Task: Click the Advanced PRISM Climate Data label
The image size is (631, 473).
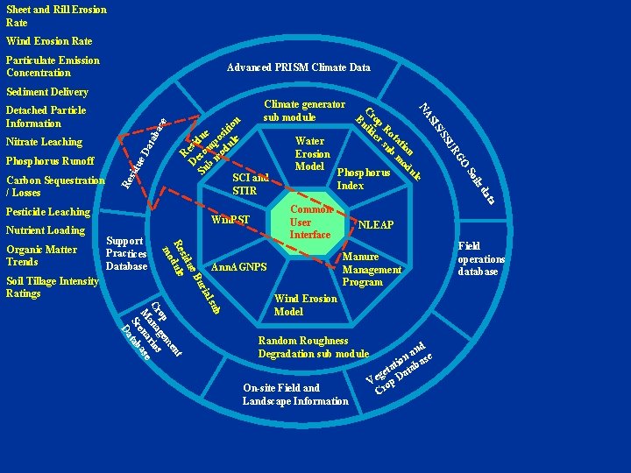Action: [298, 67]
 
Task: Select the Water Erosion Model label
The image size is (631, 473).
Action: [310, 153]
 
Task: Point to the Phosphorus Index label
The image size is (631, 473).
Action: [364, 179]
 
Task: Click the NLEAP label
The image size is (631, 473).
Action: [375, 225]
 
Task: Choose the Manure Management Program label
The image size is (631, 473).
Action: [371, 269]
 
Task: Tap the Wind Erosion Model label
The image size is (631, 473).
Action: [306, 305]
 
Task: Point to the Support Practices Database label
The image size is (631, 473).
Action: [126, 252]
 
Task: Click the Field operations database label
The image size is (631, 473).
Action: [481, 259]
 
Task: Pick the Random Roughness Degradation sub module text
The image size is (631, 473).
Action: [313, 347]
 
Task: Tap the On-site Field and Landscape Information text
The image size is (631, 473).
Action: [295, 394]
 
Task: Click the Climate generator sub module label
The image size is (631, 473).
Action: [303, 110]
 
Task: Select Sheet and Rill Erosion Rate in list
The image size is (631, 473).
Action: [56, 16]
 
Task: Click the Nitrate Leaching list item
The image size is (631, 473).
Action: [44, 142]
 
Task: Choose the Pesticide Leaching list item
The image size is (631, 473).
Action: [48, 212]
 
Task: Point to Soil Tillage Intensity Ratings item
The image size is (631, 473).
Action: [53, 287]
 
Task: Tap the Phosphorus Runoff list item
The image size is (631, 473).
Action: [50, 161]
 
